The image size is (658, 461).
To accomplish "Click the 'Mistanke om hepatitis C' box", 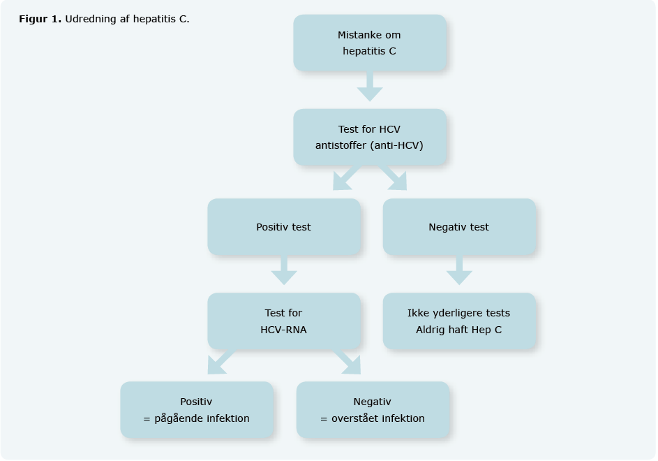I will coord(369,43).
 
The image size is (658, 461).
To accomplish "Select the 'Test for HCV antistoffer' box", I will coord(369,137).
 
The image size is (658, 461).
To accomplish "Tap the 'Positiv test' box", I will coord(283,227).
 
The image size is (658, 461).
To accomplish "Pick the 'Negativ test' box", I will coord(458,227).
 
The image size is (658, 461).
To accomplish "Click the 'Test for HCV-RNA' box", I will coord(283,321).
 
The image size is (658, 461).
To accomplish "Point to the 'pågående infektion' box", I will coord(196,410).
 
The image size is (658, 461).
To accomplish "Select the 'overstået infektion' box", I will coord(372,410).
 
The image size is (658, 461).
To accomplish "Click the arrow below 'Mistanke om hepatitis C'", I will coord(369,87).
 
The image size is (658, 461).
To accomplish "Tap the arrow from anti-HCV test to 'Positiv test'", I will coord(346,177).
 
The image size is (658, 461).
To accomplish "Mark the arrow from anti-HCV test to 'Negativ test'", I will coord(394,177).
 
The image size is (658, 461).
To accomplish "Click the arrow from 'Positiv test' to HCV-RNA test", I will coord(284,270).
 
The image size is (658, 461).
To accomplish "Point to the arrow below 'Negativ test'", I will coord(459,270).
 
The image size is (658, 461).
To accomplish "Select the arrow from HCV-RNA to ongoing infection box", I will coord(220,363).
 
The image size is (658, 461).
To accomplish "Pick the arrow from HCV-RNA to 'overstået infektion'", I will coord(347,363).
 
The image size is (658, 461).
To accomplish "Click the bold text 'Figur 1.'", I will coord(40,19).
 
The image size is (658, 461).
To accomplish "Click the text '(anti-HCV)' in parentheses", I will coord(398,146).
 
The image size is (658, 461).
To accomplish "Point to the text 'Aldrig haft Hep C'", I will coord(458,330).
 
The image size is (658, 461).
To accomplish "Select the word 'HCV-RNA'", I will coord(283,330).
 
